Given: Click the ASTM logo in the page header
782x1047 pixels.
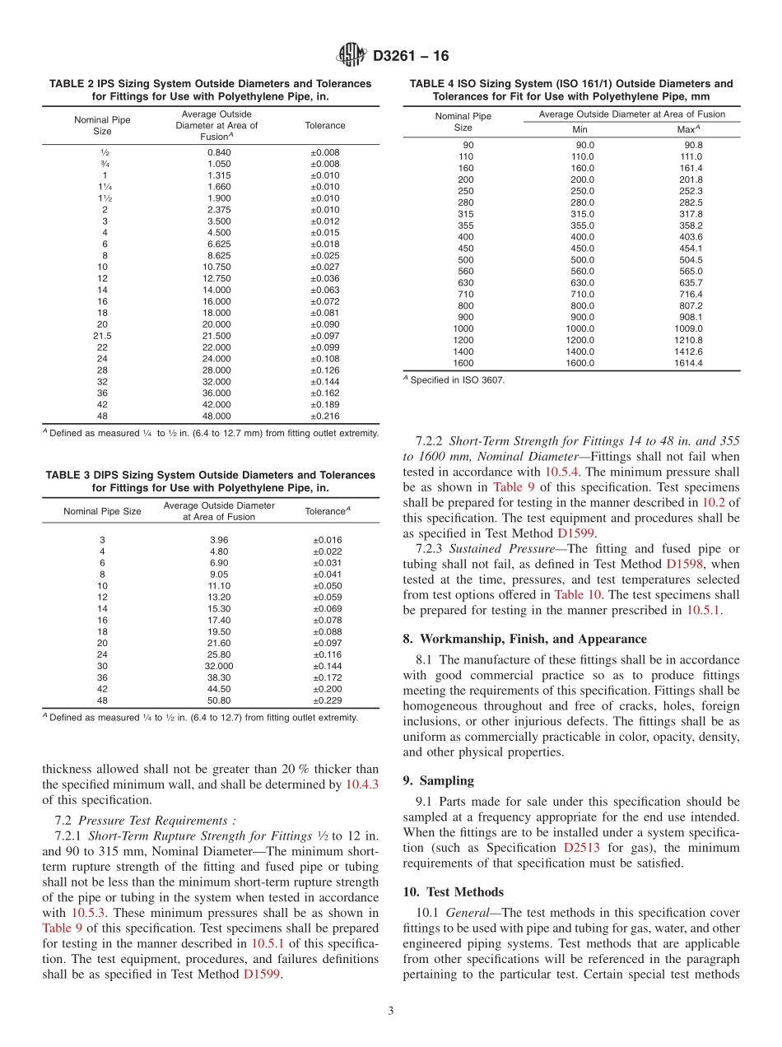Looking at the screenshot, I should coord(352,57).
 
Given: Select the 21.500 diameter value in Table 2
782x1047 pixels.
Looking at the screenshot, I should coord(218,336).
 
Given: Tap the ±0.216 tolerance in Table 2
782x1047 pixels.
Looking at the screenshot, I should coord(328,416).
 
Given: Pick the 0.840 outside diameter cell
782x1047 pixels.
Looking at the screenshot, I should coord(218,152).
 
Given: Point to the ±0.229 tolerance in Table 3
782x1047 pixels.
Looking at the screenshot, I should coord(328,700).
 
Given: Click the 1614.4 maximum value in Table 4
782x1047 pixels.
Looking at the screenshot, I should coord(687,363).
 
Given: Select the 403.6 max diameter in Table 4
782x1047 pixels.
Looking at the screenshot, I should coord(687,237).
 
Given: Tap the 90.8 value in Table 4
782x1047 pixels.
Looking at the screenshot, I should coord(687,145).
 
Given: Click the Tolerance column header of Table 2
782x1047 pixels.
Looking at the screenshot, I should coord(325,125).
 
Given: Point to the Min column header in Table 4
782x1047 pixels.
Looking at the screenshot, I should coord(580,129).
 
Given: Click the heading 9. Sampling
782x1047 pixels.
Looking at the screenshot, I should coord(438,779).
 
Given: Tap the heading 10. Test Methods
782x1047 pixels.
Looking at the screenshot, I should coord(453,891).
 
